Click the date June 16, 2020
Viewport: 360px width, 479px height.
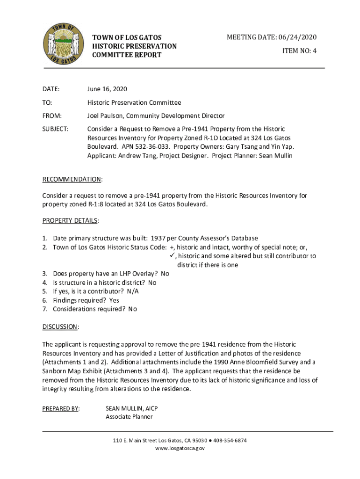tap(107, 89)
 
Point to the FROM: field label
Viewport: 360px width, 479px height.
tap(52, 116)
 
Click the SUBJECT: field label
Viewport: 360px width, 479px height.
tap(56, 129)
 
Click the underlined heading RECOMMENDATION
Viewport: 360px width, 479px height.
tap(72, 180)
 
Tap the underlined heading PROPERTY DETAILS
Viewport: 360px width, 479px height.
tap(70, 220)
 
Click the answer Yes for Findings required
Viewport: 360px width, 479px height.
tap(114, 300)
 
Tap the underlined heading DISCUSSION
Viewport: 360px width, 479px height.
tap(60, 327)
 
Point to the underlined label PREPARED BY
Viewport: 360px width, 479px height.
tap(60, 408)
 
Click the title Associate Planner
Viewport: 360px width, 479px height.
tap(129, 417)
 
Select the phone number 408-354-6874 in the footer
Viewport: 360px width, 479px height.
tap(230, 441)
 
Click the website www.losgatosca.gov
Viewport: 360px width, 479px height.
tap(180, 449)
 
